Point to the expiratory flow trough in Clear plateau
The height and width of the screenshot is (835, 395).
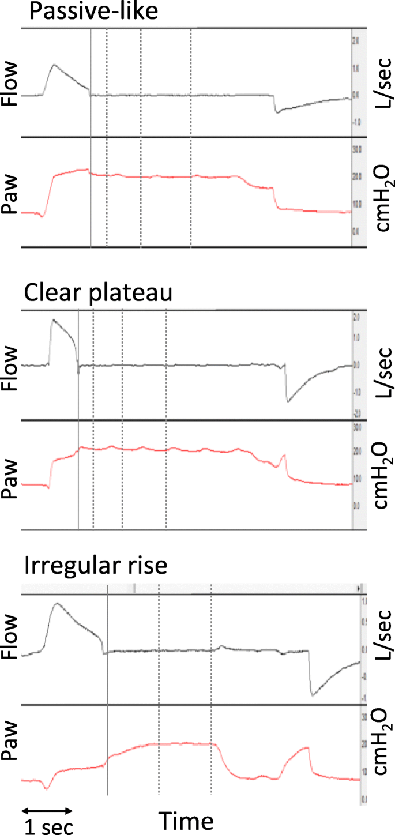tap(288, 385)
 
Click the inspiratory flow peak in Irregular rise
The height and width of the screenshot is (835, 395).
tap(57, 603)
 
